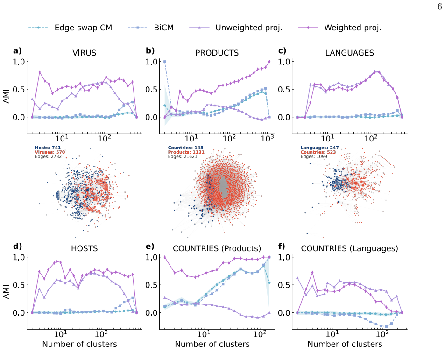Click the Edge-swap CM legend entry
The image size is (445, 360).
tap(70, 28)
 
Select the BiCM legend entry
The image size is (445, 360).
tap(150, 28)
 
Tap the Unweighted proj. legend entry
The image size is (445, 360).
tap(235, 28)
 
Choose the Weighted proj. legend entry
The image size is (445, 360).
tap(339, 28)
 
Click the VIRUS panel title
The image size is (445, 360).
tap(85, 53)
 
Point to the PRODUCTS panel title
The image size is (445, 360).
tap(217, 53)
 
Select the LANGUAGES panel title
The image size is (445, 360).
tap(350, 53)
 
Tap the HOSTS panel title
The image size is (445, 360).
tap(85, 248)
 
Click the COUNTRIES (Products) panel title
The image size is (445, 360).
tap(217, 248)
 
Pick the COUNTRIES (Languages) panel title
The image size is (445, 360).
tap(349, 248)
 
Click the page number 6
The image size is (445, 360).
tap(439, 7)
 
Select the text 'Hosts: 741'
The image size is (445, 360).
tap(48, 148)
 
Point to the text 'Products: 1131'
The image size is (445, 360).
tap(186, 152)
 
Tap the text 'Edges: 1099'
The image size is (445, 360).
tap(314, 156)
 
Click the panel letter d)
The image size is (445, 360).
tap(17, 246)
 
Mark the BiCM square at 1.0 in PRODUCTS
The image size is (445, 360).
tap(165, 62)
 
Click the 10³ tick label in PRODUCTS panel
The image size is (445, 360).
tap(267, 138)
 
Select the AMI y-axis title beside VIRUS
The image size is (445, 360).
tap(6, 96)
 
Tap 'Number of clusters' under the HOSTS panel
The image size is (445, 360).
tap(79, 344)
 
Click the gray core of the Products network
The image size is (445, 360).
tap(224, 187)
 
